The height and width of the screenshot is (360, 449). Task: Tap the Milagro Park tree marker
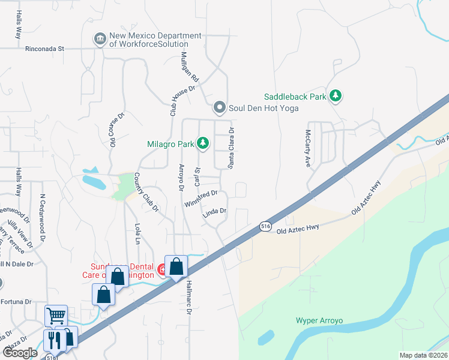pyautogui.click(x=203, y=143)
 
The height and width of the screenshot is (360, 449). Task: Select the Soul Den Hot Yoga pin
pyautogui.click(x=220, y=108)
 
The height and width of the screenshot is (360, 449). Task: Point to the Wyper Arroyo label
pyautogui.click(x=319, y=320)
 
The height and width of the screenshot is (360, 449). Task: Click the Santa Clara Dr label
pyautogui.click(x=230, y=147)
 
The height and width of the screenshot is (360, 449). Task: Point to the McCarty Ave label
pyautogui.click(x=308, y=148)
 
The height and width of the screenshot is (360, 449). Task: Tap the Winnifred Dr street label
pyautogui.click(x=200, y=199)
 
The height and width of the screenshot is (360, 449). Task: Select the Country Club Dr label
pyautogui.click(x=145, y=193)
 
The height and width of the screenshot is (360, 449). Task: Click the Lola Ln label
pyautogui.click(x=137, y=233)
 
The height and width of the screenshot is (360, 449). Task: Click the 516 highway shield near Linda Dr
pyautogui.click(x=266, y=226)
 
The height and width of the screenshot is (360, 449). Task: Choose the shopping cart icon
pyautogui.click(x=56, y=314)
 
